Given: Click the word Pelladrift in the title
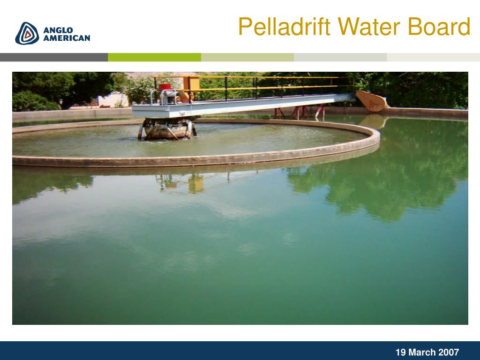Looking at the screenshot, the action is pyautogui.click(x=285, y=26).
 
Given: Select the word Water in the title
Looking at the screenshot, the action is pyautogui.click(x=369, y=26).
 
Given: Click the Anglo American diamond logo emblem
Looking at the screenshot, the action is pyautogui.click(x=27, y=33).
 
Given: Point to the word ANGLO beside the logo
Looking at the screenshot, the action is pyautogui.click(x=58, y=30).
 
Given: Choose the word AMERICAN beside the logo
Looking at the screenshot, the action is pyautogui.click(x=67, y=38).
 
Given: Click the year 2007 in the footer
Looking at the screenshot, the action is pyautogui.click(x=449, y=352).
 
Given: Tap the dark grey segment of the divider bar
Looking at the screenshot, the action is pyautogui.click(x=54, y=57).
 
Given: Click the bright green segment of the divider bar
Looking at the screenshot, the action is pyautogui.click(x=155, y=57).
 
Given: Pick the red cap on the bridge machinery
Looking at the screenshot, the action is pyautogui.click(x=165, y=87).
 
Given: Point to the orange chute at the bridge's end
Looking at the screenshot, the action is pyautogui.click(x=372, y=101).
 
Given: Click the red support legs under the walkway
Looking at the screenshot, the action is pyautogui.click(x=300, y=112).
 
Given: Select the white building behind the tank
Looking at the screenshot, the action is pyautogui.click(x=113, y=100).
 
